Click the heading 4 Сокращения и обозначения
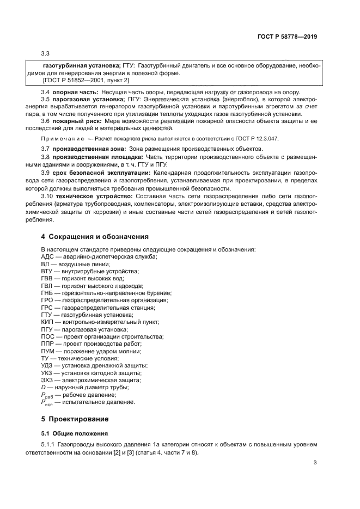(x=95, y=237)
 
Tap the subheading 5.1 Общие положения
(x=76, y=433)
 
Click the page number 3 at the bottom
(x=315, y=463)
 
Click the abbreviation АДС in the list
(x=48, y=256)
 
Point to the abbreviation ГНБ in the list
(x=48, y=293)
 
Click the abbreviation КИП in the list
(x=48, y=322)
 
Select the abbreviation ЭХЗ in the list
(x=48, y=381)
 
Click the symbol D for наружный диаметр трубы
(x=44, y=388)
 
